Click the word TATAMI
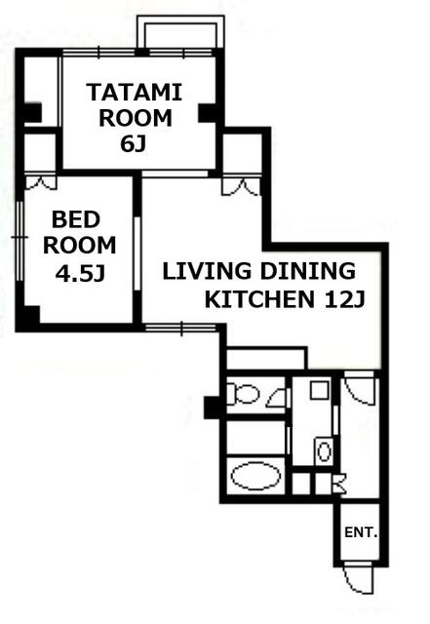[135, 93]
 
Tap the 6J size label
[133, 144]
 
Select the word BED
[76, 219]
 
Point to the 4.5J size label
[80, 273]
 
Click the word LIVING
[207, 271]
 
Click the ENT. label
[361, 532]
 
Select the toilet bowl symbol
[243, 394]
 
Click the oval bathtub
[255, 476]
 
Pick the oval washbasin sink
[324, 451]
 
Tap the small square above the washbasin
[320, 390]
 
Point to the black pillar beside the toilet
[212, 408]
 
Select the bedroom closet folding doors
[41, 182]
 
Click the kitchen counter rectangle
[267, 359]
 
